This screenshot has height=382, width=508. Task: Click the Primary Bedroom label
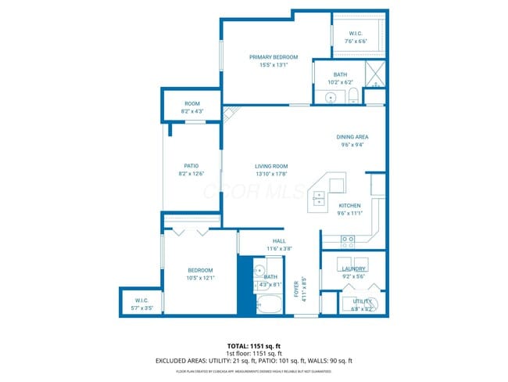pyautogui.click(x=274, y=57)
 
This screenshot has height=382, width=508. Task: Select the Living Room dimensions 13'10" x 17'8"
pyautogui.click(x=271, y=174)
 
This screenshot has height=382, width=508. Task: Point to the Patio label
pyautogui.click(x=191, y=166)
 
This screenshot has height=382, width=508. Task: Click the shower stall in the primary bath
pyautogui.click(x=375, y=76)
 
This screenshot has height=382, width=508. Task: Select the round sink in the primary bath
pyautogui.click(x=331, y=98)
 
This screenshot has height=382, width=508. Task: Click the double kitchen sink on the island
pyautogui.click(x=320, y=199)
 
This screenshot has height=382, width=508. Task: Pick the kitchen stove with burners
pyautogui.click(x=349, y=240)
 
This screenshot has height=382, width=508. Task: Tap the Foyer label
pyautogui.click(x=296, y=289)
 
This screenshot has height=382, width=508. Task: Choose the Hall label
pyautogui.click(x=279, y=240)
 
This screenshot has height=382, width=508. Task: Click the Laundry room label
pyautogui.click(x=353, y=268)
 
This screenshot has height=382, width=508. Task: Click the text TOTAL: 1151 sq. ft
pyautogui.click(x=253, y=345)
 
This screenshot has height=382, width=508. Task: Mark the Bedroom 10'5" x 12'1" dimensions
pyautogui.click(x=200, y=278)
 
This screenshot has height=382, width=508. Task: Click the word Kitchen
pyautogui.click(x=349, y=206)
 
